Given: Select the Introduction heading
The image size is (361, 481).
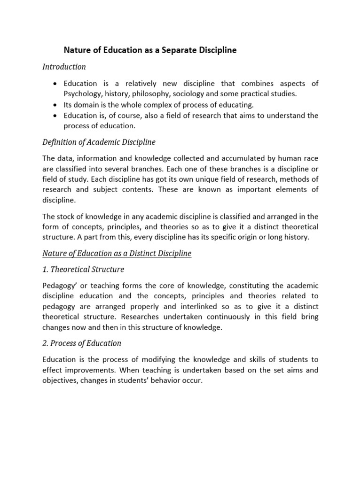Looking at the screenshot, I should [x=64, y=67].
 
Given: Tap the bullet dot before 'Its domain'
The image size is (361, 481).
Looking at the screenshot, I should [x=56, y=105].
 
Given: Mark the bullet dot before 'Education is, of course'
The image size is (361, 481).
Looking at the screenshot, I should [x=56, y=116].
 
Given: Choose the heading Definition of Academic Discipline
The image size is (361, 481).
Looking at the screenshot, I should [x=99, y=142].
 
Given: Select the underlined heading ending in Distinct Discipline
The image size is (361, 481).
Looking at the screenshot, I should [x=117, y=254].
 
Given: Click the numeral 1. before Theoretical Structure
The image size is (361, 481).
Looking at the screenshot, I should [x=46, y=270].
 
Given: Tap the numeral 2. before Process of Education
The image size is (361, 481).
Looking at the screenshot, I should [x=46, y=343].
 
